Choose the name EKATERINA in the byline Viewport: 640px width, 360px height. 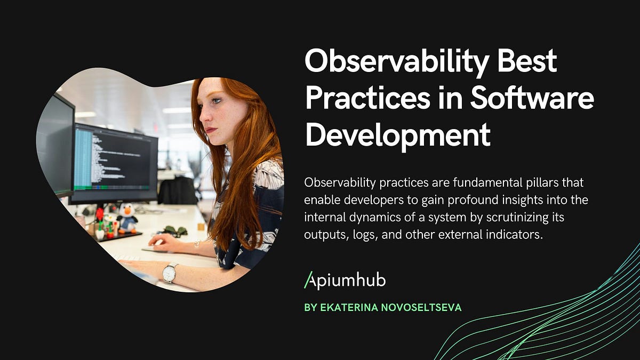(347, 308)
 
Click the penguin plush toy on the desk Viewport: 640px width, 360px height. (126, 218)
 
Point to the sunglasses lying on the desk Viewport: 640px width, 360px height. (174, 231)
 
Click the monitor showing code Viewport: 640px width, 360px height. (115, 163)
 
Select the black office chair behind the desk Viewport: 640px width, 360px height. (178, 190)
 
